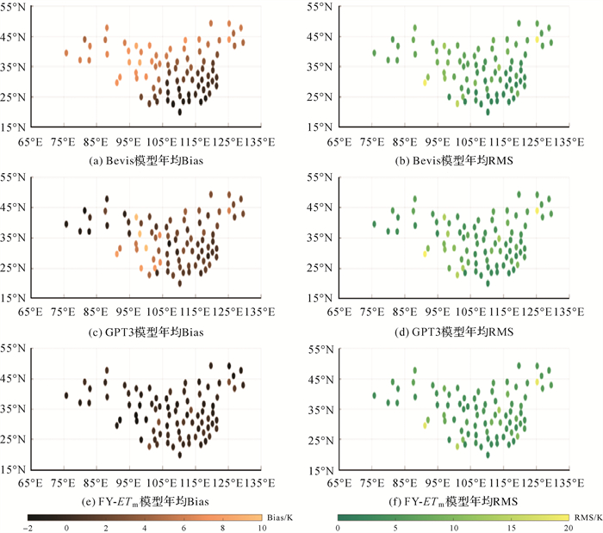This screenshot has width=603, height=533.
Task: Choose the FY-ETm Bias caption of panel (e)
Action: [151, 501]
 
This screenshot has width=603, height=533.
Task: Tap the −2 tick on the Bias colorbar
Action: [28, 527]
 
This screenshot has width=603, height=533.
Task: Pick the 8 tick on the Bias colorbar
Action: [222, 527]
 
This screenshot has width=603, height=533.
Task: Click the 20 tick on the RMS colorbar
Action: [568, 527]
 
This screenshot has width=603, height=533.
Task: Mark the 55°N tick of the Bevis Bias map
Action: [16, 7]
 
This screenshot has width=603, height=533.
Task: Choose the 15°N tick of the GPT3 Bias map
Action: [16, 298]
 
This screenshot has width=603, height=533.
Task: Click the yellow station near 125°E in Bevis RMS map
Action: [538, 40]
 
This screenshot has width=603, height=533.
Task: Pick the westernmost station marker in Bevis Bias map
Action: [65, 53]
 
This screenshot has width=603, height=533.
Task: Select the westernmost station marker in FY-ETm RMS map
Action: [374, 395]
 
